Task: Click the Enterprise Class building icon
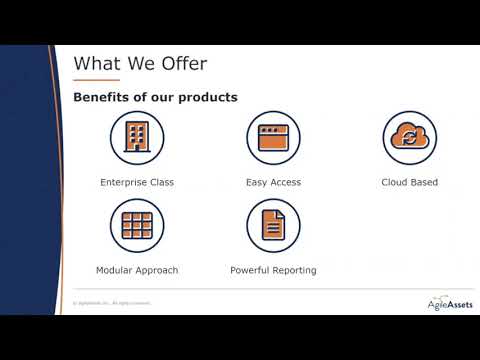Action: tap(137, 137)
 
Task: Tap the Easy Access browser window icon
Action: tap(273, 137)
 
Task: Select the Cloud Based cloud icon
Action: tap(409, 137)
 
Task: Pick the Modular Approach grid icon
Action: tap(137, 225)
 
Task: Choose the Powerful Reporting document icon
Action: tap(273, 225)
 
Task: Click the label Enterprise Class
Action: tap(137, 183)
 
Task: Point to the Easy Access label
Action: tap(273, 183)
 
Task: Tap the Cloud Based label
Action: tap(409, 183)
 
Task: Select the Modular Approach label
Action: tap(137, 270)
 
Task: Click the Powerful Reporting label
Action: tap(273, 270)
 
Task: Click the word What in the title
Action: tap(97, 64)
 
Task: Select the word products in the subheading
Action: tap(209, 97)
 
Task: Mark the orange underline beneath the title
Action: tap(97, 80)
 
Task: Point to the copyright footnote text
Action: tap(111, 302)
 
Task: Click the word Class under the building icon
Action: tap(161, 183)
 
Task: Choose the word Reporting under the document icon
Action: tap(293, 270)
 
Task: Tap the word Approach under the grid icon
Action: tap(157, 270)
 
